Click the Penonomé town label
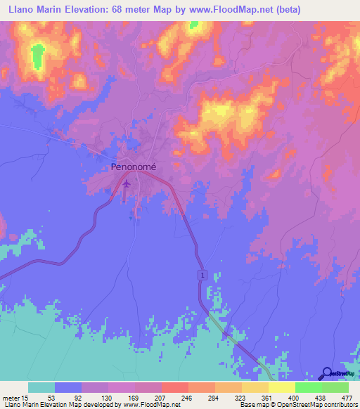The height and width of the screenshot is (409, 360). tap(133, 167)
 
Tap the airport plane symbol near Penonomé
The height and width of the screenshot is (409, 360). tap(127, 184)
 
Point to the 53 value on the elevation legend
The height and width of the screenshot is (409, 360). tap(51, 397)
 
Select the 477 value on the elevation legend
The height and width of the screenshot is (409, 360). tap(346, 397)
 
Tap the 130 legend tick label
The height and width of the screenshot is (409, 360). tap(105, 397)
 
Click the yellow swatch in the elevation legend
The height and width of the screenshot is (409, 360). tap(281, 387)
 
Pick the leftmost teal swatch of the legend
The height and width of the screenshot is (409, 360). tap(41, 387)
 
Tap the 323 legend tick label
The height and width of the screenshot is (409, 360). tap(239, 397)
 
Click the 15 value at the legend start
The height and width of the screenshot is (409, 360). tap(28, 397)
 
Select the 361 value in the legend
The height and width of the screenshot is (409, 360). tap(266, 397)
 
